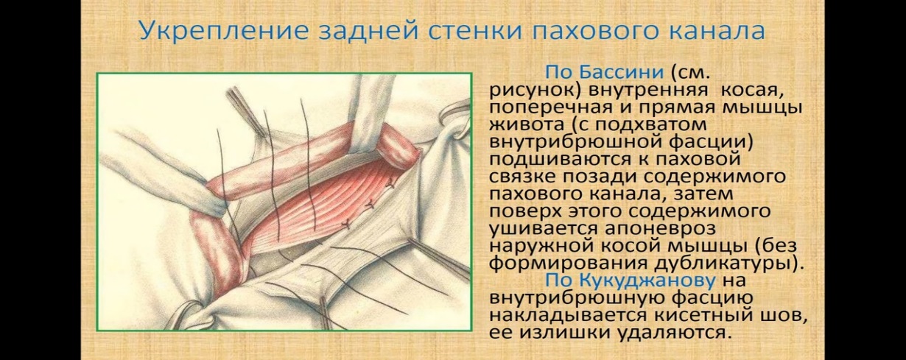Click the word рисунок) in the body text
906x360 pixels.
click(x=535, y=91)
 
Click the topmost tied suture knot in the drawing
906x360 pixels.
click(x=390, y=184)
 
